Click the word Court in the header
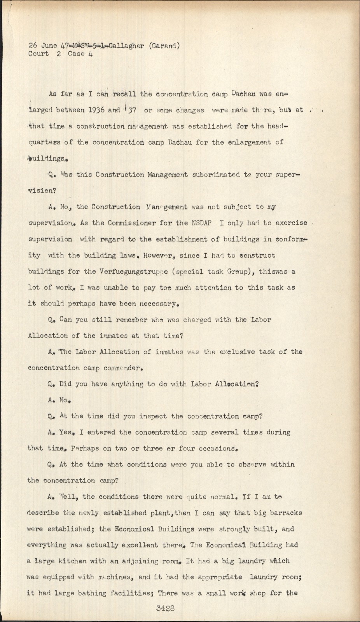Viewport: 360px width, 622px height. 38,54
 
